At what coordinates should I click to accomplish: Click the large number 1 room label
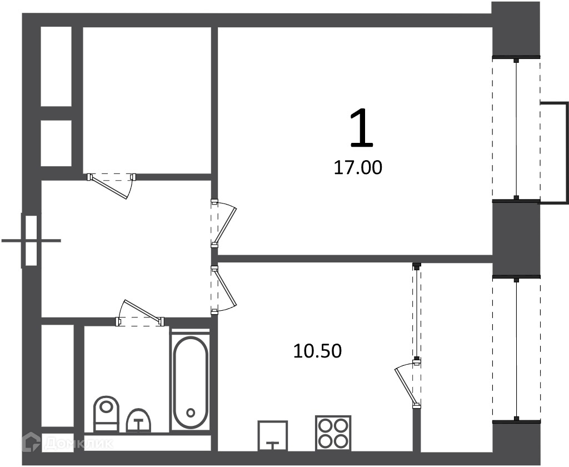pyautogui.click(x=361, y=129)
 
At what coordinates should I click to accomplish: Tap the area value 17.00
pyautogui.click(x=358, y=168)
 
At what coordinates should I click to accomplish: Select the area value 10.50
pyautogui.click(x=317, y=351)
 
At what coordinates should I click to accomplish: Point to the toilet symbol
pyautogui.click(x=106, y=414)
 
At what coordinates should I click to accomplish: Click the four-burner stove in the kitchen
pyautogui.click(x=333, y=433)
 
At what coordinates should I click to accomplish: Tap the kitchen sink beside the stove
pyautogui.click(x=272, y=435)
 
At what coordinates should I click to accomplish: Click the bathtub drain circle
pyautogui.click(x=191, y=413)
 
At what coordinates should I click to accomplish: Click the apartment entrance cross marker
pyautogui.click(x=31, y=240)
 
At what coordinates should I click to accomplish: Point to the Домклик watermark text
pyautogui.click(x=79, y=443)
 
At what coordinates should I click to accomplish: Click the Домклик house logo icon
pyautogui.click(x=32, y=443)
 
